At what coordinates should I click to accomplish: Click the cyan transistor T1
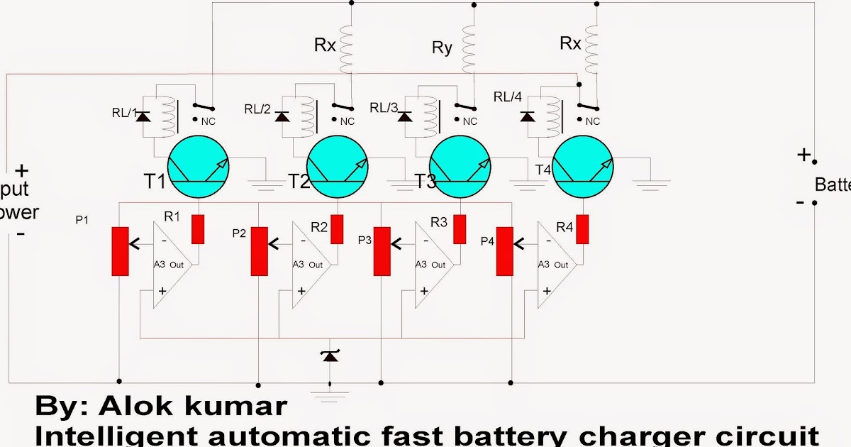tap(198, 166)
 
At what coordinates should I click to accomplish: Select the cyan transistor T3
tap(462, 166)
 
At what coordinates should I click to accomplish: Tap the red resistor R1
tap(199, 228)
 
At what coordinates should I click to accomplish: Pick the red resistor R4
tap(583, 228)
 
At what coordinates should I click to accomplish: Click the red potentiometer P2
tap(260, 251)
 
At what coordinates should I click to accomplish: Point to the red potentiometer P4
tap(504, 251)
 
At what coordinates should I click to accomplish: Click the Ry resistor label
tap(441, 49)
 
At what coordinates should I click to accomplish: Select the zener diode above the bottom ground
tap(330, 355)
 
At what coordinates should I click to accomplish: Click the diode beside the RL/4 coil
tap(527, 115)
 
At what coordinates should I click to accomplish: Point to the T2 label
tap(299, 182)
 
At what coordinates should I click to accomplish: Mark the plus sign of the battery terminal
tap(803, 155)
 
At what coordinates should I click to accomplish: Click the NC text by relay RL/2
tap(347, 121)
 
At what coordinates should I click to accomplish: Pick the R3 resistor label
tap(439, 222)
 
